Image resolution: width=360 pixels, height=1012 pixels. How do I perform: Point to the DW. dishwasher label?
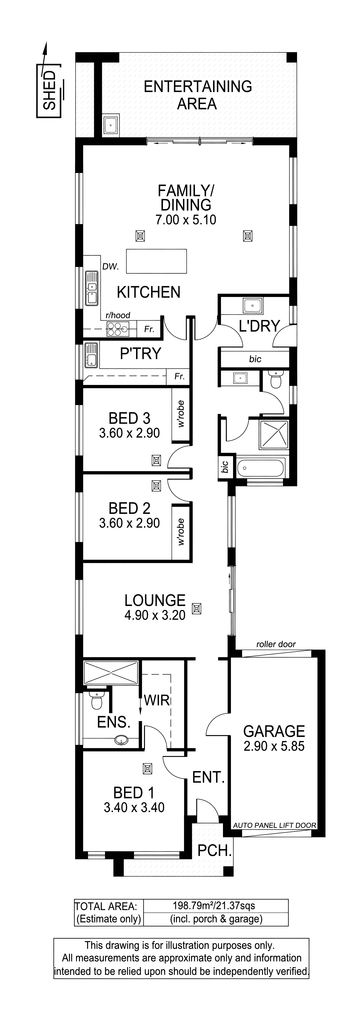110,267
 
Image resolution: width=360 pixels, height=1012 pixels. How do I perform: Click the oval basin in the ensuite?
122,740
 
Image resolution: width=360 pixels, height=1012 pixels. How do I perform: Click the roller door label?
276,644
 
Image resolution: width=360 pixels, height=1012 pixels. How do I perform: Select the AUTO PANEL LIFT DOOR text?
275,825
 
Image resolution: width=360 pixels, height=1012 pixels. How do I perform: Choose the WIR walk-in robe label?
157,700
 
